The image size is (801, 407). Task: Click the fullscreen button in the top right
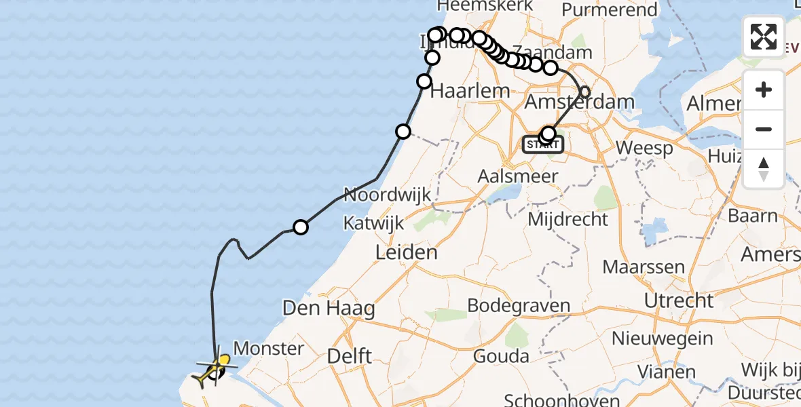point(764,36)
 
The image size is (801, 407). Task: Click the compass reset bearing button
point(764,168)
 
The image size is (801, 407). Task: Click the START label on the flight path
point(543,144)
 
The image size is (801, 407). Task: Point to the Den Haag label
point(329,309)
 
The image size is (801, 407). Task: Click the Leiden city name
point(407,254)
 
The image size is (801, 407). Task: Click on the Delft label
point(349,356)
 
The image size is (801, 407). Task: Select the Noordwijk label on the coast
point(387,195)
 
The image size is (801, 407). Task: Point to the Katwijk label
point(373,222)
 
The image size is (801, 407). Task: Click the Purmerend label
point(610,11)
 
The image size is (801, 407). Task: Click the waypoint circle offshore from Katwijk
point(300,227)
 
